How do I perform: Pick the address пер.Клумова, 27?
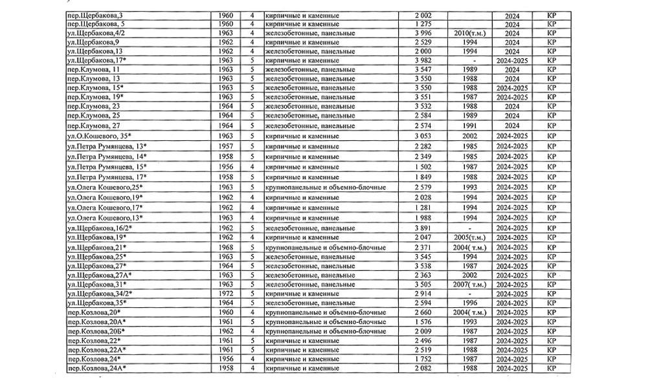point(93,125)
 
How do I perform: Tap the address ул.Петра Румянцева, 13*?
point(107,147)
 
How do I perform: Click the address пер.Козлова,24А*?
point(96,368)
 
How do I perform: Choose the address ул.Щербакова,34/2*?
point(100,294)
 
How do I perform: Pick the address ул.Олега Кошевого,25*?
point(105,188)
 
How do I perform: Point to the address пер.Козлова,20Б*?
point(96,331)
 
